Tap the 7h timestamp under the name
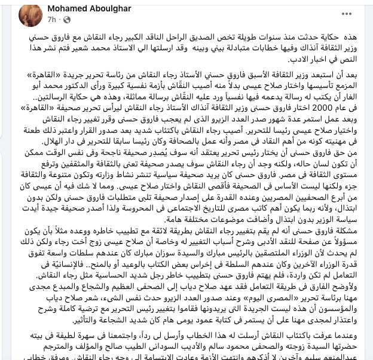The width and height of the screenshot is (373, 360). point(52,19)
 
